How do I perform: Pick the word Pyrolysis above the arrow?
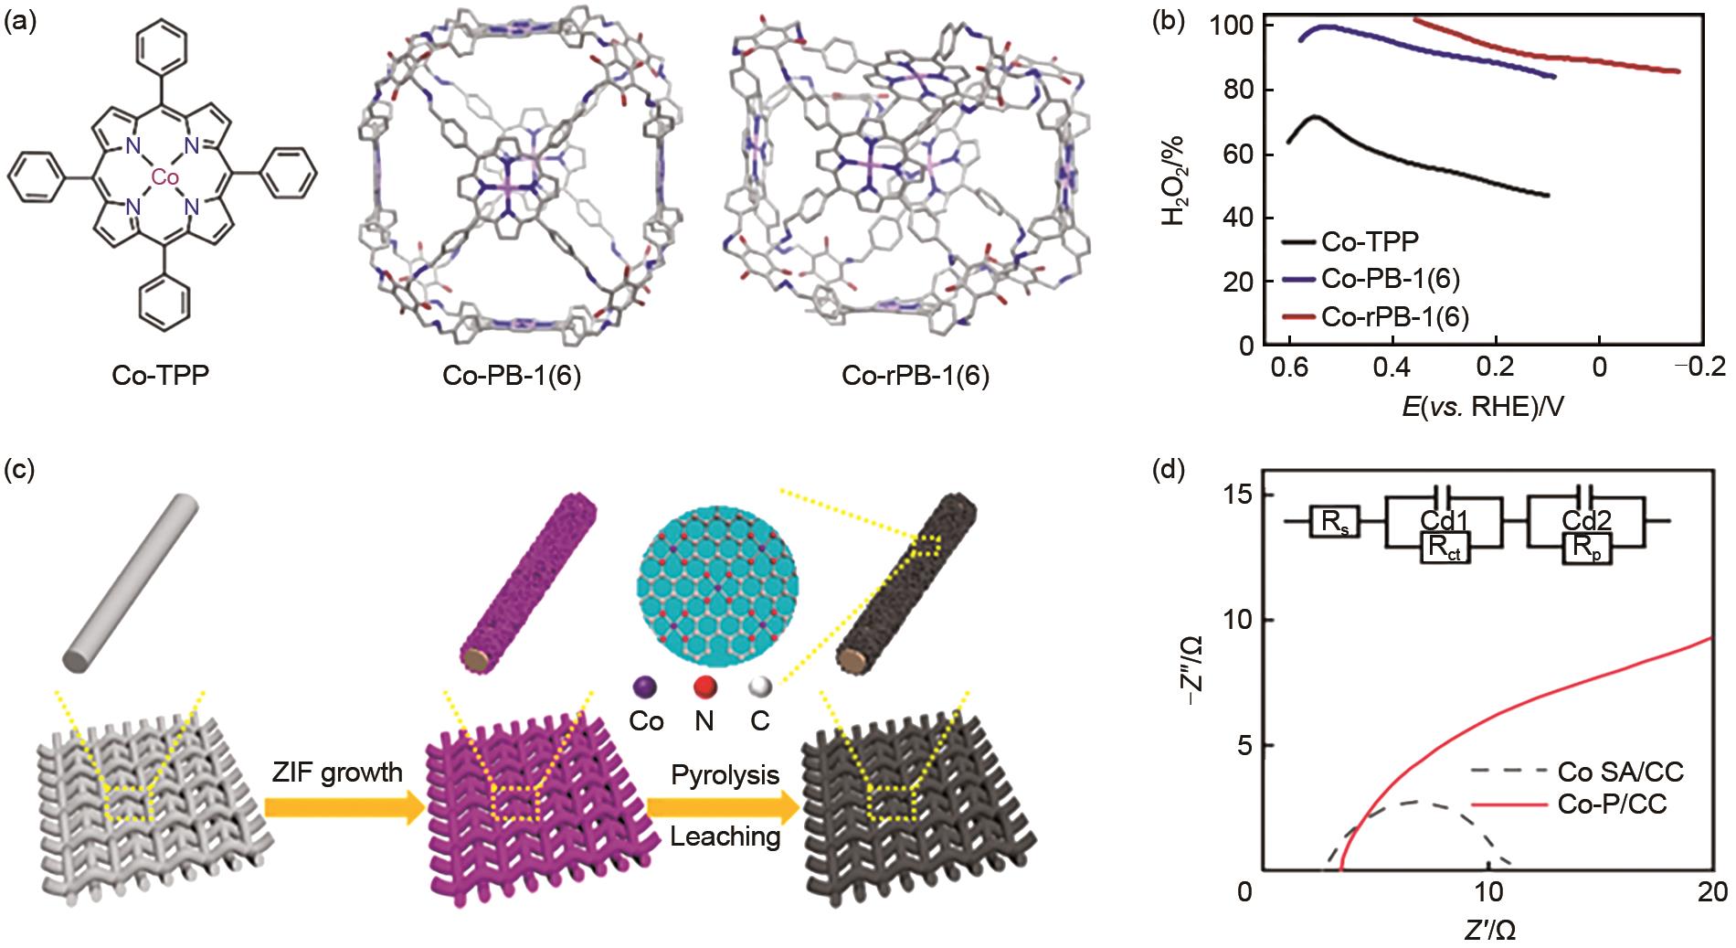725,775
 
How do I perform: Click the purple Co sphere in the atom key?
647,687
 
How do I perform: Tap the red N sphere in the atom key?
704,687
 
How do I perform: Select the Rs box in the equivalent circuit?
1335,522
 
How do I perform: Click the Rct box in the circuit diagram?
1445,548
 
